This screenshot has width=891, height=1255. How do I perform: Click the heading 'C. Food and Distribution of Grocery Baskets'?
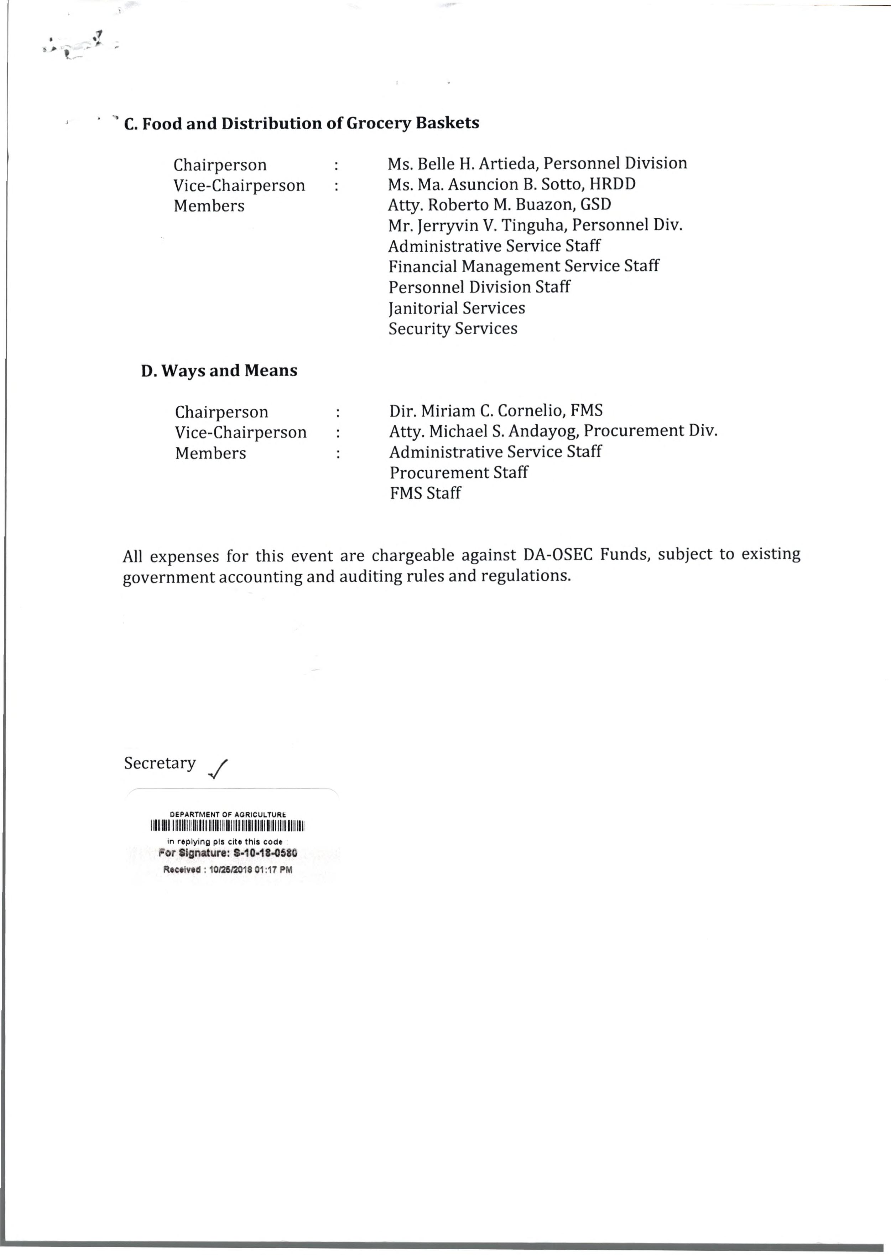click(x=301, y=123)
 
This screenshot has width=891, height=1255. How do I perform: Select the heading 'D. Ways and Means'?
click(x=219, y=371)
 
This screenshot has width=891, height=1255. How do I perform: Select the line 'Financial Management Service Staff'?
click(x=523, y=266)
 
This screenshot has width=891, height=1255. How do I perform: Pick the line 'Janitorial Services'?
click(x=457, y=308)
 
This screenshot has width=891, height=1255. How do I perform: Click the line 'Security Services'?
click(x=453, y=329)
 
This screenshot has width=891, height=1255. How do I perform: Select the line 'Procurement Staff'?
click(x=459, y=472)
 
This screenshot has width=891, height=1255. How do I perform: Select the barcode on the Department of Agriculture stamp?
click(x=227, y=826)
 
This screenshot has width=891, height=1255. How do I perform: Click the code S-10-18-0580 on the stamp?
click(x=266, y=853)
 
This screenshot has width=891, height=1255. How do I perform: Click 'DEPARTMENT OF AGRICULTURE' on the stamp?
click(x=228, y=814)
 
